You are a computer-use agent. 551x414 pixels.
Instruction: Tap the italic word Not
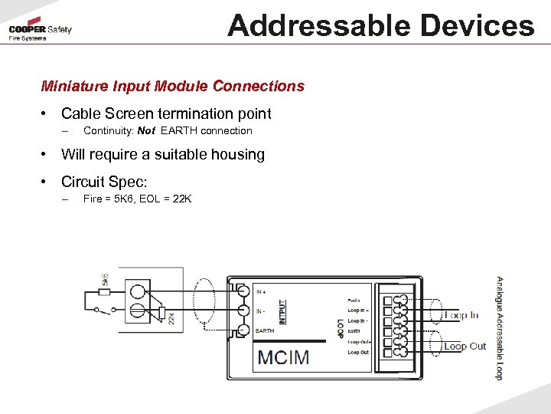(x=146, y=130)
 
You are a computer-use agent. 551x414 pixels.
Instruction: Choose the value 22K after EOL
(x=182, y=199)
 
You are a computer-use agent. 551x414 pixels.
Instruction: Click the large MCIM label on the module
(x=283, y=356)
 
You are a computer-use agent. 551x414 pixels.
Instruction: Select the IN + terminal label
(x=261, y=291)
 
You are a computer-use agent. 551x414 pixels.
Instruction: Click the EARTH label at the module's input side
(x=265, y=330)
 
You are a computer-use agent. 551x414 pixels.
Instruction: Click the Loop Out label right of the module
(x=465, y=347)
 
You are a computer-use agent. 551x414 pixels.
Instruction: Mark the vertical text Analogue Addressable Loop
(x=499, y=327)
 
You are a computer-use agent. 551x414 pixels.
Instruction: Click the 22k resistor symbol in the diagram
(x=162, y=314)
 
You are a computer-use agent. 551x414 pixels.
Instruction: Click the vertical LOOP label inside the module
(x=341, y=327)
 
